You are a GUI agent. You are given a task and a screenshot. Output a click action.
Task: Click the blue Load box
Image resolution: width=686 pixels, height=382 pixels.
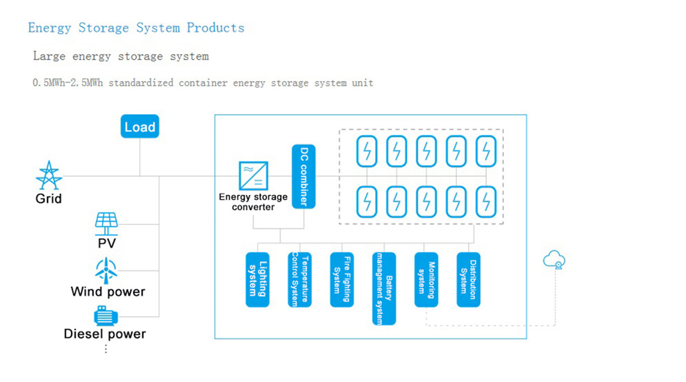140,127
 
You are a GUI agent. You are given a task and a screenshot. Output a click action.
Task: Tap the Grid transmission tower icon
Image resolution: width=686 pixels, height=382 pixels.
49,176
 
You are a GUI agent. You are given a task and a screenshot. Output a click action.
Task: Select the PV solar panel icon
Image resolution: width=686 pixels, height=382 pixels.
106,224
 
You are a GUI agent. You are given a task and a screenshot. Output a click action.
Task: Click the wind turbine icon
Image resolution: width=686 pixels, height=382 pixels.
106,270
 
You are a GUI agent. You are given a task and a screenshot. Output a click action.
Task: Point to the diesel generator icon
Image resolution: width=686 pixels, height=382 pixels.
105,316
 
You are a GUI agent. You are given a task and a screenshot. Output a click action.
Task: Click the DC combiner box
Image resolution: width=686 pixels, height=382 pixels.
304,177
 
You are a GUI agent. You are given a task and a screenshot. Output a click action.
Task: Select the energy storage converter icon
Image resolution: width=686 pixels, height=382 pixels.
253,176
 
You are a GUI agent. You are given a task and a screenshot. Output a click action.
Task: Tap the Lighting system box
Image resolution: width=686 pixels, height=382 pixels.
257,280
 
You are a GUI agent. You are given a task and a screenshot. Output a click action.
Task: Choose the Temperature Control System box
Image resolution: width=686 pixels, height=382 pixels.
299,280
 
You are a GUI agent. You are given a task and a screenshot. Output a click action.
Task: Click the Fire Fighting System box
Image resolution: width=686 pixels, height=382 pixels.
342,280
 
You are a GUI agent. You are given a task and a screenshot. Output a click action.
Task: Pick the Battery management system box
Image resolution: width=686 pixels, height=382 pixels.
384,288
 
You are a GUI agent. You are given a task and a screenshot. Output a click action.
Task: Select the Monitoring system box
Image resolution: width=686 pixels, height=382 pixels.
426,280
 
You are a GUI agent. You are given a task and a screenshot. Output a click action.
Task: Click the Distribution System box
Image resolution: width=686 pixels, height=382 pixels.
468,280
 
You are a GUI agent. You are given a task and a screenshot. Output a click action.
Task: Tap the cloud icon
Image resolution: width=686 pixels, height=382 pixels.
554,260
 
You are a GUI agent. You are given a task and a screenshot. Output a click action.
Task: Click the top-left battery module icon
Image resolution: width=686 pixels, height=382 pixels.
367,151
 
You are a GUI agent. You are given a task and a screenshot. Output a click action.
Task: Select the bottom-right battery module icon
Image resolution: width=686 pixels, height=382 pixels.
486,201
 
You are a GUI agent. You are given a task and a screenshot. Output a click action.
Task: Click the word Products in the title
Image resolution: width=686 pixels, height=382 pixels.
215,27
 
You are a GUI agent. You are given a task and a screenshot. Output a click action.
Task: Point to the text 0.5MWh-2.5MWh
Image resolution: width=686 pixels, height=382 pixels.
68,83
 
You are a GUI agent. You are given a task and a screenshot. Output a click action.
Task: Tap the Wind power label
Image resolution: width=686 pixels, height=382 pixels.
108,292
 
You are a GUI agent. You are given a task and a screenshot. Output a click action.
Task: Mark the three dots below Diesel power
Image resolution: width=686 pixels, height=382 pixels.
105,349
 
